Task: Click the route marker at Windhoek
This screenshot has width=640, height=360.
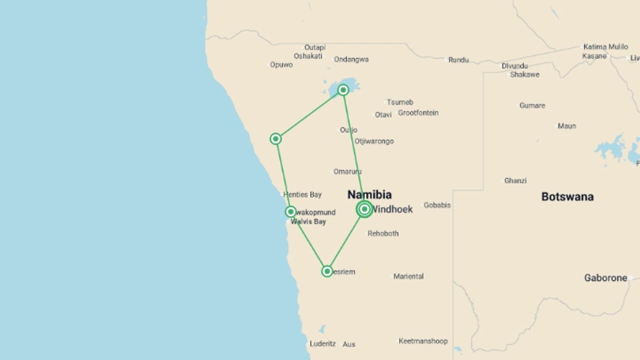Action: [x=364, y=209]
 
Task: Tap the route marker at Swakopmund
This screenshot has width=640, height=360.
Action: [x=291, y=212]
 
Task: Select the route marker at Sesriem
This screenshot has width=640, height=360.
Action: [x=327, y=271]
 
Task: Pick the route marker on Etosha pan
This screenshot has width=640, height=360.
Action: [x=343, y=90]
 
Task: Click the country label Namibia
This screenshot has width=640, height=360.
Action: [x=369, y=195]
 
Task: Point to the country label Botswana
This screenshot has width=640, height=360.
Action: [x=567, y=197]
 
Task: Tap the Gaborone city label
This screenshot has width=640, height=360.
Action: [x=606, y=278]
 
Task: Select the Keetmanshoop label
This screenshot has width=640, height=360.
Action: [x=423, y=341]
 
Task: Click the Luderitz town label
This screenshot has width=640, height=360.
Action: [x=322, y=344]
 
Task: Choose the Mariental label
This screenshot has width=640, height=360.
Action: [x=408, y=276]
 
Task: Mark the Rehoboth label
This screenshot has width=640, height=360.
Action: [x=383, y=233]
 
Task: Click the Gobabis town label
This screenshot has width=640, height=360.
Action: [x=437, y=205]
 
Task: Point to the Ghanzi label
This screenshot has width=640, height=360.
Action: [x=515, y=181]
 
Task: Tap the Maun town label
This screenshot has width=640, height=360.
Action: [x=567, y=126]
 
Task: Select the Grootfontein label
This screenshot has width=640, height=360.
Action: [x=418, y=113]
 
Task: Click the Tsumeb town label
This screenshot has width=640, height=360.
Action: [x=400, y=102]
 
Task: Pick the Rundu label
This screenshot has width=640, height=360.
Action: [x=458, y=60]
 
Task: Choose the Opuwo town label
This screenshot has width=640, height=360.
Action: [x=281, y=65]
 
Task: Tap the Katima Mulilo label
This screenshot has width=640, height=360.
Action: [x=605, y=47]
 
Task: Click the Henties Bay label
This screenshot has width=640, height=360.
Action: [x=302, y=195]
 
